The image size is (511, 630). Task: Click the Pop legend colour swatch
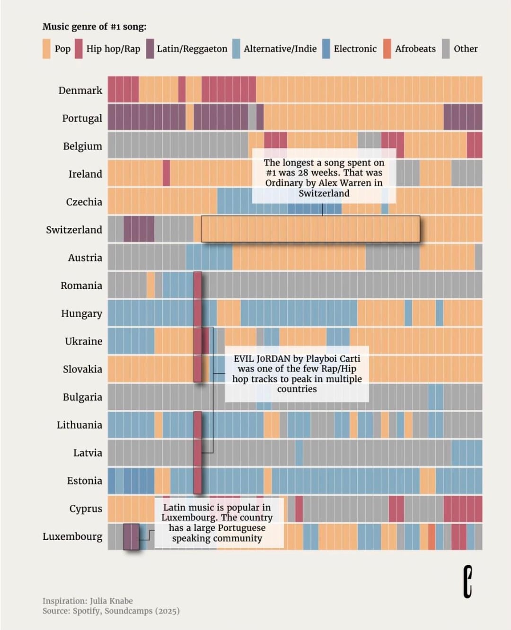46,49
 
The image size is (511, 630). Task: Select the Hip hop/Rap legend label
113,49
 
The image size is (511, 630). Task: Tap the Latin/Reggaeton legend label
192,49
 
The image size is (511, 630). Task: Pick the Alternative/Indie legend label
280,49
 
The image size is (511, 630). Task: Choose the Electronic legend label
355,49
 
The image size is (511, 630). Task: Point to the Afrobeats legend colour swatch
387,49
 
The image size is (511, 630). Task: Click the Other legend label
466,49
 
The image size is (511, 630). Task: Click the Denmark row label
80,90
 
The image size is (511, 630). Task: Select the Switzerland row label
74,230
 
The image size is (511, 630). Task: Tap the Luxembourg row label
72,536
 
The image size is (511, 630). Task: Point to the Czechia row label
84,202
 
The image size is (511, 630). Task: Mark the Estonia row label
84,481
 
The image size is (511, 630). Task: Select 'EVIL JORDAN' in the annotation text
262,359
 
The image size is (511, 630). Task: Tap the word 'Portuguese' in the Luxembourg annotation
241,528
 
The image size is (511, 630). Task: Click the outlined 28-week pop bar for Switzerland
310,229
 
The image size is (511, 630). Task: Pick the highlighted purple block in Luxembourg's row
131,536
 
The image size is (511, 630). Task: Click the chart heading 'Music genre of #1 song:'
94,26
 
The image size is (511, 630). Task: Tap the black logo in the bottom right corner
467,581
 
